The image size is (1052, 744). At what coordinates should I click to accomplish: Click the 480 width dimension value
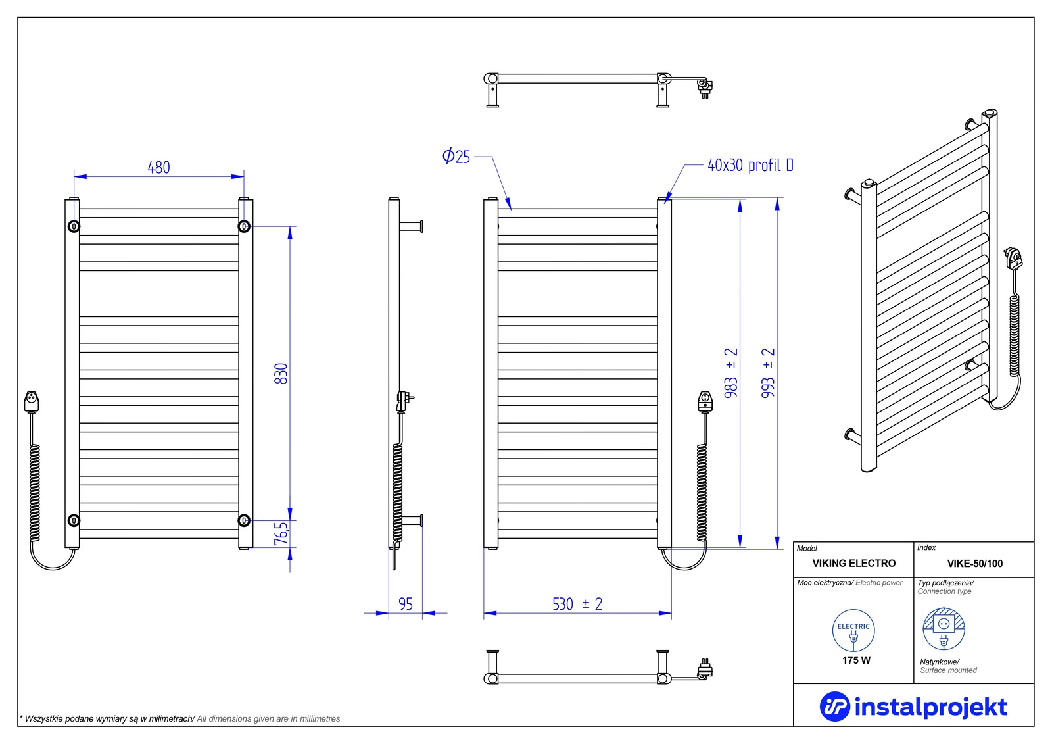[158, 168]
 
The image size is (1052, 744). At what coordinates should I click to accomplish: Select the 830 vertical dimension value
[281, 374]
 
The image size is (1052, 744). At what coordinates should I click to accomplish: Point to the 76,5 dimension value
[281, 533]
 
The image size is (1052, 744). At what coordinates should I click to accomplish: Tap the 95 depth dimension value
[406, 604]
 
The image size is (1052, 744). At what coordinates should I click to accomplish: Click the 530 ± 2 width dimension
[577, 604]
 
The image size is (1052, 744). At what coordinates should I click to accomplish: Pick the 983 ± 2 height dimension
[730, 373]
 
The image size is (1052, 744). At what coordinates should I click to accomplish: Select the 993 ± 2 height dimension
[768, 373]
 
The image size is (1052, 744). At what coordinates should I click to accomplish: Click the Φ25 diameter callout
[456, 157]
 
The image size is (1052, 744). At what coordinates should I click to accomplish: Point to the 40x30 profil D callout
[750, 165]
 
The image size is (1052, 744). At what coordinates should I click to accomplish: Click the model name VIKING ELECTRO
[853, 563]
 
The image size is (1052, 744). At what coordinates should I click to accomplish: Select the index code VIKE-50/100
[974, 564]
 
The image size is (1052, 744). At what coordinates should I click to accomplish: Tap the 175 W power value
[856, 660]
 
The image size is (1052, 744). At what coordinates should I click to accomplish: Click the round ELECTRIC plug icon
[853, 630]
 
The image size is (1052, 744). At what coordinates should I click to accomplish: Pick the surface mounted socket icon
[944, 628]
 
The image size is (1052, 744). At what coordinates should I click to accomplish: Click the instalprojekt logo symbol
[834, 707]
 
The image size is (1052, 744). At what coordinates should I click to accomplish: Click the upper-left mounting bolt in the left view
[74, 226]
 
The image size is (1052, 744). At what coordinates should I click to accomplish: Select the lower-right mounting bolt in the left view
[244, 520]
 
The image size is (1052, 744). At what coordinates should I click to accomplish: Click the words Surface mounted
[948, 670]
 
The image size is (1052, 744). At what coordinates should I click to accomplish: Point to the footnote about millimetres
[180, 718]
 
